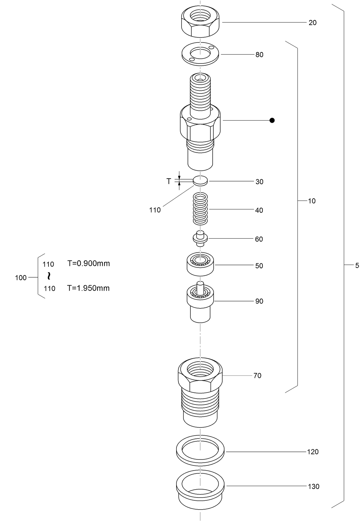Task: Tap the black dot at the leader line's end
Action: (272, 120)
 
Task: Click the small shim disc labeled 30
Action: (200, 181)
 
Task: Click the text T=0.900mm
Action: (89, 263)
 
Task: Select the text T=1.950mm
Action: (88, 288)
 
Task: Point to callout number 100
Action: (21, 278)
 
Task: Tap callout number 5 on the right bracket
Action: (357, 266)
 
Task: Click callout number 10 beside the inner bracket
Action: (312, 201)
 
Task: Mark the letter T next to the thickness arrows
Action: (169, 181)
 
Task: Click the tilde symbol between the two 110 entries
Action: (49, 276)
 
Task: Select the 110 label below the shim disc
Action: (155, 210)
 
